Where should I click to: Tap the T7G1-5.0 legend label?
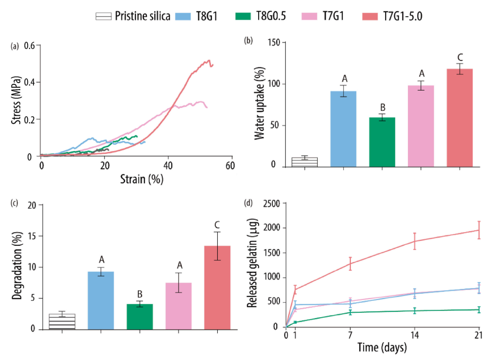point(403,16)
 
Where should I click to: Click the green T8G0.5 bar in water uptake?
point(382,142)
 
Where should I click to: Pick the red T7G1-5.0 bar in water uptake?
point(459,118)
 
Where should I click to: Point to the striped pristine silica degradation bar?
point(62,322)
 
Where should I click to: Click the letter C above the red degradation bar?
point(217,225)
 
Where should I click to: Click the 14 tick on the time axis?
point(414,335)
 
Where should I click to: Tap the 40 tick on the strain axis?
point(168,166)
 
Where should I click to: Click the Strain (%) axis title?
point(141,180)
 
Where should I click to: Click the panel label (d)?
point(249,202)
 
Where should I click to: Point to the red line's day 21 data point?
point(479,230)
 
